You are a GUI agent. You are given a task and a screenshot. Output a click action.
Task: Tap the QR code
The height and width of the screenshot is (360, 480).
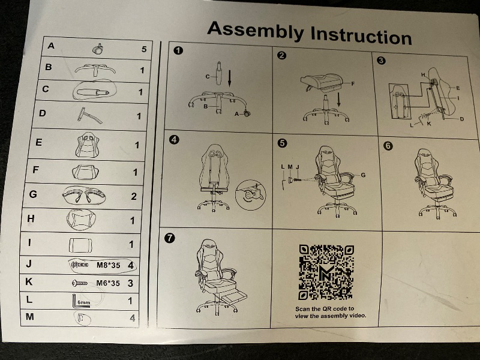pyautogui.click(x=326, y=272)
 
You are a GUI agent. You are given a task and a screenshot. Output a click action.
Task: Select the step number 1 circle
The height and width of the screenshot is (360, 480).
pyautogui.click(x=178, y=50)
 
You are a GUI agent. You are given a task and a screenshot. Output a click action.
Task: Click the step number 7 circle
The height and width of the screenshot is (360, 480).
pyautogui.click(x=169, y=238)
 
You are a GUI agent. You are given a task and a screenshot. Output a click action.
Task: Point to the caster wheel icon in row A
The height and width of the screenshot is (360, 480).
pyautogui.click(x=98, y=49)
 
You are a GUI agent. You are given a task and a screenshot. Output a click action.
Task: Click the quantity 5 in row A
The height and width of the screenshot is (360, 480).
pyautogui.click(x=144, y=49)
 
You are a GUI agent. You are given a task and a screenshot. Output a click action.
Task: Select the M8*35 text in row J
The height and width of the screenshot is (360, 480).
pyautogui.click(x=109, y=265)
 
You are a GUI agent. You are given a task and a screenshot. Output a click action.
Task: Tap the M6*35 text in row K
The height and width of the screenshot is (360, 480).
pyautogui.click(x=108, y=283)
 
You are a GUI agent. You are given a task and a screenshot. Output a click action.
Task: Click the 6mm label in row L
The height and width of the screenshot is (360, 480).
pyautogui.click(x=84, y=302)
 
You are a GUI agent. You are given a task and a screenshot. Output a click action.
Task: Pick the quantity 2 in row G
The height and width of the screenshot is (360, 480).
pyautogui.click(x=134, y=196)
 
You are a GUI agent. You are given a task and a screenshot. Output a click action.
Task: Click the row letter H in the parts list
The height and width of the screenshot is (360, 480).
pyautogui.click(x=31, y=218)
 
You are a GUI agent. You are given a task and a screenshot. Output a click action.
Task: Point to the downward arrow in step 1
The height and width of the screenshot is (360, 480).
pyautogui.click(x=230, y=78)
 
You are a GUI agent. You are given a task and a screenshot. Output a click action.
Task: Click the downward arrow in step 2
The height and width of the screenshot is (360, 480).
pyautogui.click(x=338, y=100)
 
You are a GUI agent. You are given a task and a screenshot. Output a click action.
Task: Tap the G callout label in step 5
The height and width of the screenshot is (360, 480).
pyautogui.click(x=363, y=175)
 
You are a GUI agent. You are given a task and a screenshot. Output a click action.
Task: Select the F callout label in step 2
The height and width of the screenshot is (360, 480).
pyautogui.click(x=353, y=83)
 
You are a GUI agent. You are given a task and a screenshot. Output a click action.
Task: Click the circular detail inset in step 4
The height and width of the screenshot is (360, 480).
pyautogui.click(x=251, y=195)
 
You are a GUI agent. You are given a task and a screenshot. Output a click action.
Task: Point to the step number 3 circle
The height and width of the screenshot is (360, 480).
pyautogui.click(x=381, y=61)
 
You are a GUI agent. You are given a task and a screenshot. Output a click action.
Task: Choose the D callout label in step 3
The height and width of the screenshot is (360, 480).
pyautogui.click(x=461, y=119)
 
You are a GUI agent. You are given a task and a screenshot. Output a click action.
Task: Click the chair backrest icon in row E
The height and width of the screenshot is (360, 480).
pyautogui.click(x=88, y=145)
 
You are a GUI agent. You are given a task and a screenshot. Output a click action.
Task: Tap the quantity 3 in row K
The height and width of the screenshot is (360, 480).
pyautogui.click(x=130, y=283)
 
